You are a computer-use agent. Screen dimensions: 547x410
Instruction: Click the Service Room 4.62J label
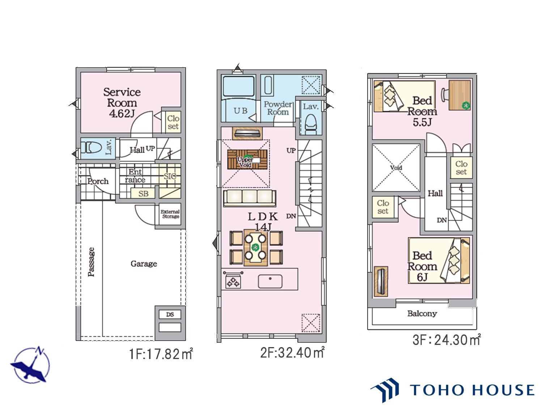click(122, 103)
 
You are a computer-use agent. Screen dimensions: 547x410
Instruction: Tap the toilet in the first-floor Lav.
click(93, 148)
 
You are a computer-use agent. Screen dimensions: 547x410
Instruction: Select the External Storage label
click(170, 214)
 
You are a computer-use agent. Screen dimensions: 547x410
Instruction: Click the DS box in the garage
click(170, 315)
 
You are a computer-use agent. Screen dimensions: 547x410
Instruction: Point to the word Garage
click(144, 264)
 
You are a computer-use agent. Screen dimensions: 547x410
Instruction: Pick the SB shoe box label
click(143, 193)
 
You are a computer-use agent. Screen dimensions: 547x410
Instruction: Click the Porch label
click(98, 181)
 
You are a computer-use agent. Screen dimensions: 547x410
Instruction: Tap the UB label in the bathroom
click(241, 111)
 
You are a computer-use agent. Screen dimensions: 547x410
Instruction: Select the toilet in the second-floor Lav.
click(310, 124)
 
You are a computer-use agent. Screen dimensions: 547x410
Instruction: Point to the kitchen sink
click(270, 281)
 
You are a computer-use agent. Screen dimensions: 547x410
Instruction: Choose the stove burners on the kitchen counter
click(233, 282)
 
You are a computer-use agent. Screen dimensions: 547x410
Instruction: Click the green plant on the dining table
click(255, 247)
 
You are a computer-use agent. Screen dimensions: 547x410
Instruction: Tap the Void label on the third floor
click(396, 167)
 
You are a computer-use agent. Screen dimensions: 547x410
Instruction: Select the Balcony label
click(422, 313)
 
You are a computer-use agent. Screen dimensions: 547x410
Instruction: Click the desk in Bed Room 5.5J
click(459, 95)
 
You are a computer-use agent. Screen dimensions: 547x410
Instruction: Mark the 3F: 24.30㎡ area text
click(446, 340)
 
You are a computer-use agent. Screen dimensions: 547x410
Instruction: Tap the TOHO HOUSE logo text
click(472, 390)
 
